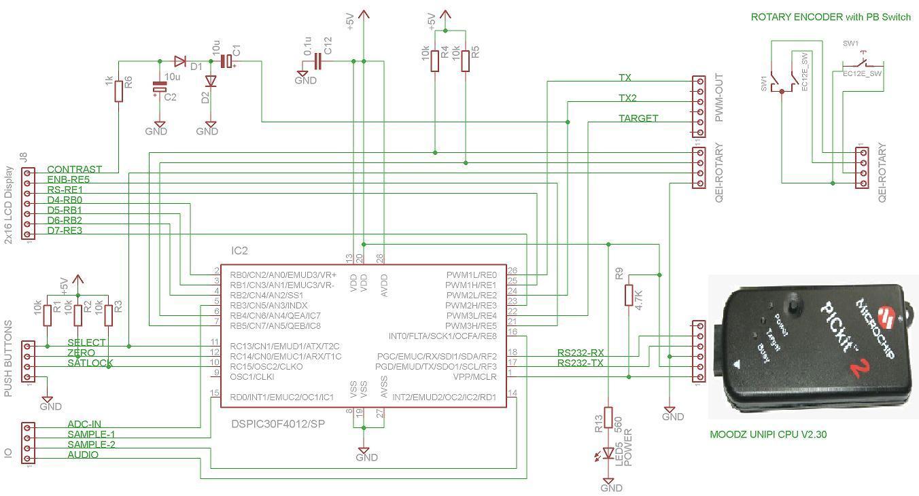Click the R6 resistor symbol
tap(119, 90)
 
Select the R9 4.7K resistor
tap(629, 295)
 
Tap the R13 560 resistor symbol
tap(608, 417)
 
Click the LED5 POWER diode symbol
tap(608, 455)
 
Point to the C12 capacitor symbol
tap(317, 62)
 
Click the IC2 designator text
tap(240, 251)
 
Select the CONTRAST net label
tap(74, 169)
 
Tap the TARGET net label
tap(638, 118)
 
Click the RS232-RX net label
tap(580, 353)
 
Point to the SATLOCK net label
tap(90, 364)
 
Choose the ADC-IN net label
tap(84, 424)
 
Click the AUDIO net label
tap(82, 455)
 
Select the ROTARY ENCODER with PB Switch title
tap(830, 17)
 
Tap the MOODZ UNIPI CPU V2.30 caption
tap(768, 434)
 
